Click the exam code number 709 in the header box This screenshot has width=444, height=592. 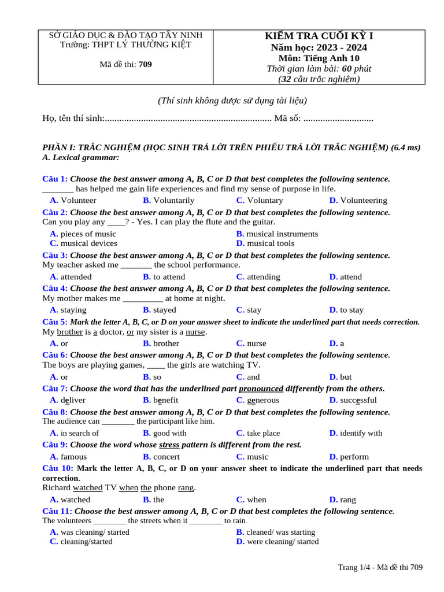(x=145, y=64)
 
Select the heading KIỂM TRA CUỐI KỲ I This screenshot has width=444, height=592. (x=319, y=36)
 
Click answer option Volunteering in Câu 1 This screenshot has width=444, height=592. (x=363, y=200)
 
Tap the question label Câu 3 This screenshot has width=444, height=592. (x=55, y=255)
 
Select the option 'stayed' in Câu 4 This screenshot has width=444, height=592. (x=164, y=310)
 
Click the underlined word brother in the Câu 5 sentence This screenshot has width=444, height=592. (x=70, y=332)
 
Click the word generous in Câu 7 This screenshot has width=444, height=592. (x=262, y=400)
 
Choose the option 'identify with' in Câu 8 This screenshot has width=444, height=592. (x=361, y=433)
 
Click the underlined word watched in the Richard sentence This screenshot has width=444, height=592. (x=88, y=487)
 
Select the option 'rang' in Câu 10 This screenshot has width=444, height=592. (x=348, y=499)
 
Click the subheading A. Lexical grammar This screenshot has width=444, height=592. (x=81, y=157)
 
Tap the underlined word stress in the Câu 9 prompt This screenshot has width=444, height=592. (x=169, y=445)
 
